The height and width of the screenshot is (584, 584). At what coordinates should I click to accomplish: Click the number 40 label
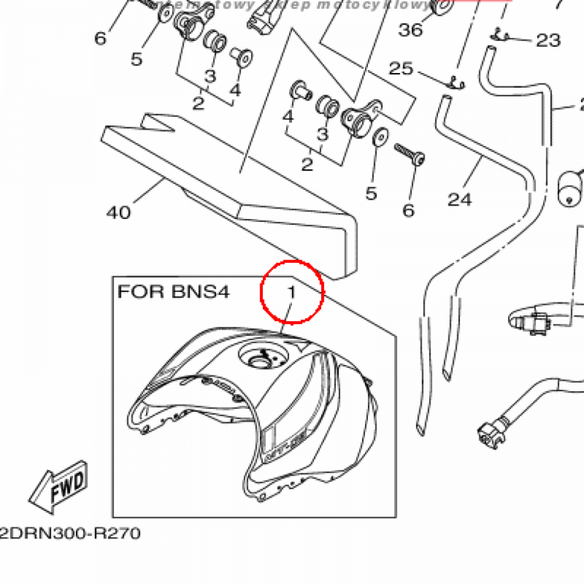point(118,213)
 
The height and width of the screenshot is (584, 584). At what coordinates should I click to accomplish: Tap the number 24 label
point(460,199)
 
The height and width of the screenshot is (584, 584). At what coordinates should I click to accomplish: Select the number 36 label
point(411,29)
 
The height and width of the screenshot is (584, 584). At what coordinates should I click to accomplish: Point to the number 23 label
point(547,40)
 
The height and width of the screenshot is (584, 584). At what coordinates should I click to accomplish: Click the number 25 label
point(400,69)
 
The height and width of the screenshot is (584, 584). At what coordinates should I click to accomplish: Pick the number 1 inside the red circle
point(291,293)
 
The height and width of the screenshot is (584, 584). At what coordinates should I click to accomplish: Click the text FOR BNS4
point(173,292)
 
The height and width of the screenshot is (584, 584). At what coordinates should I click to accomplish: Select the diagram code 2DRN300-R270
point(70,534)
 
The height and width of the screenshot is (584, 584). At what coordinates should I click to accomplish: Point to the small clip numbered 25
point(455,83)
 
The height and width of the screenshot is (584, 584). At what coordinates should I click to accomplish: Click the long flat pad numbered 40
point(228,188)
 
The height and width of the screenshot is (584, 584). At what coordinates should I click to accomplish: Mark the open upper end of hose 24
point(445,102)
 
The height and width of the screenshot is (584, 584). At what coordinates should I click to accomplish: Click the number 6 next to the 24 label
point(408,210)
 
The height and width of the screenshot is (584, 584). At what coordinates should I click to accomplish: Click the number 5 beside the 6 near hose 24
point(371,193)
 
